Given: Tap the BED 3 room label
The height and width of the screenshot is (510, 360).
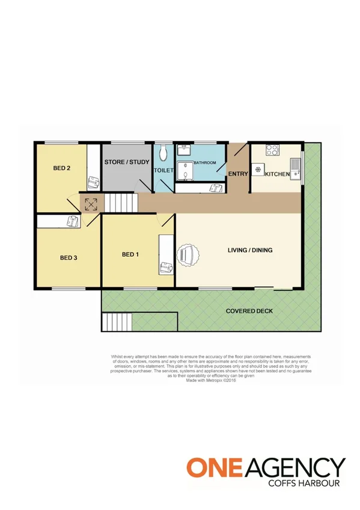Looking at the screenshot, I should [x=69, y=257].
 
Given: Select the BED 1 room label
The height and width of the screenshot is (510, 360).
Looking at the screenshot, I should [x=130, y=254].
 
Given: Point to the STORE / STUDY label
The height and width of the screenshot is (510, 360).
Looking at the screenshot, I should [x=126, y=162].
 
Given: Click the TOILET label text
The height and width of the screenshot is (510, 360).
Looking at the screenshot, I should [x=164, y=171].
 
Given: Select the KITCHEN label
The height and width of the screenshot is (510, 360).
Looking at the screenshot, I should [x=278, y=174].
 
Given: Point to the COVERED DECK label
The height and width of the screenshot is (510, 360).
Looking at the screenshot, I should [x=249, y=311].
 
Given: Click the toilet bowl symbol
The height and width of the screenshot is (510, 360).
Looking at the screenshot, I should [x=163, y=155].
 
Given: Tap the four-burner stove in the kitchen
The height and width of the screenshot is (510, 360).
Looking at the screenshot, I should [x=272, y=151].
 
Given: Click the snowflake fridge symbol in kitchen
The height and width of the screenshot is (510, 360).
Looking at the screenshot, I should [x=258, y=171].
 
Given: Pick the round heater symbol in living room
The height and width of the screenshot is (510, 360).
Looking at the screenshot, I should [x=187, y=255].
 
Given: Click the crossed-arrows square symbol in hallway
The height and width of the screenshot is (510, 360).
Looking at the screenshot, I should [x=91, y=204].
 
